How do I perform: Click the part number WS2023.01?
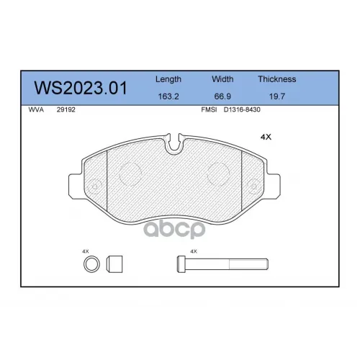(81, 88)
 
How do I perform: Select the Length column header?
(168, 79)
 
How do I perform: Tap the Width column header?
(222, 79)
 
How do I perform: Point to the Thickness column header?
(277, 79)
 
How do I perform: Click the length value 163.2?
(168, 96)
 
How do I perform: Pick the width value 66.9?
(222, 96)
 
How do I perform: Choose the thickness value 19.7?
(277, 96)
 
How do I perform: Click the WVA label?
(36, 109)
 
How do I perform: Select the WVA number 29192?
(66, 109)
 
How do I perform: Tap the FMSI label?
(209, 109)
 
